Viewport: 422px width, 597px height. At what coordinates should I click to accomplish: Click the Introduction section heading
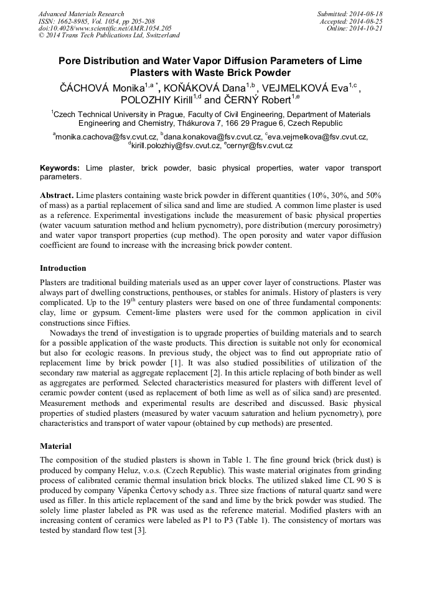[x=63, y=268]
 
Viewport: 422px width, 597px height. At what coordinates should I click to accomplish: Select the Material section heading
[x=55, y=446]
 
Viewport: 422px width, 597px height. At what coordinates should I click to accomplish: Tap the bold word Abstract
[x=57, y=195]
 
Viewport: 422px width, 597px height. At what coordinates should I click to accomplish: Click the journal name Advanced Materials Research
[x=82, y=14]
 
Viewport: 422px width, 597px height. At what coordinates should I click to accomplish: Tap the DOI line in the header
[x=105, y=29]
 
